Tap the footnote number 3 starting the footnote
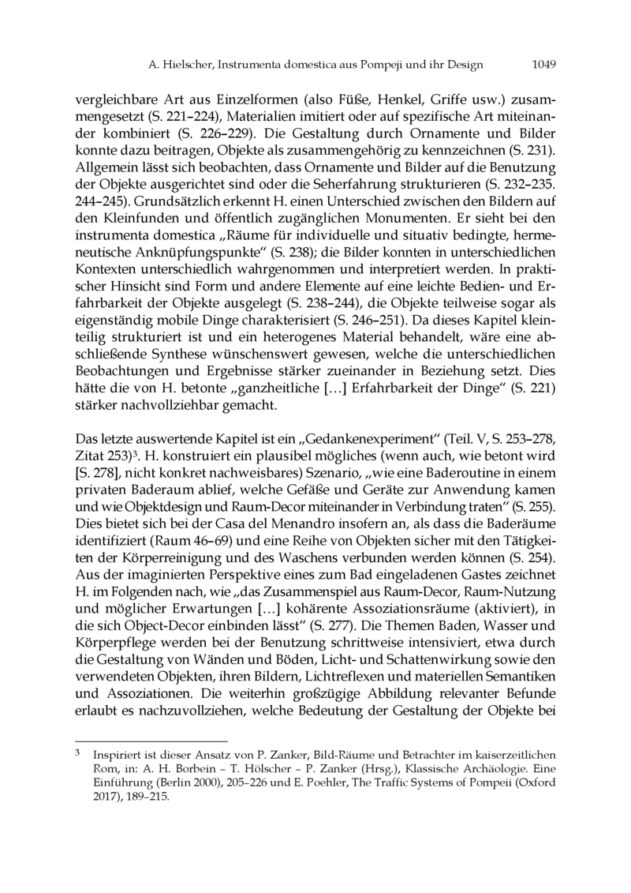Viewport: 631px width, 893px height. tap(77, 752)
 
